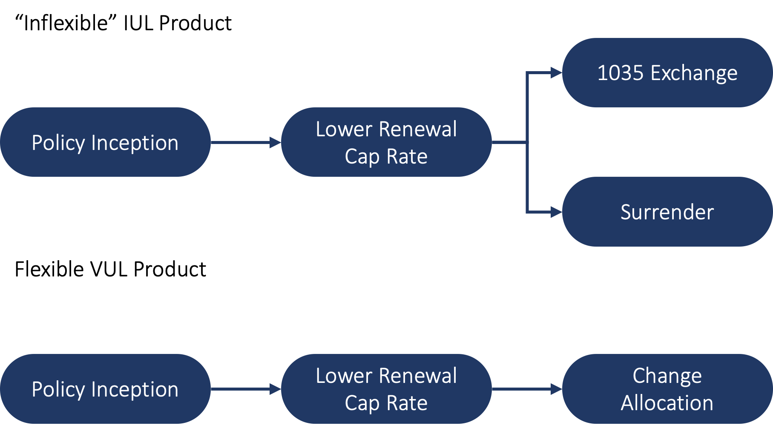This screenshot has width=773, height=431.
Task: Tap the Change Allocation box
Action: click(667, 389)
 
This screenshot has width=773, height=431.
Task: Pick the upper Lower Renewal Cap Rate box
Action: click(386, 142)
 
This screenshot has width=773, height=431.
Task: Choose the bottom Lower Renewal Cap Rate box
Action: click(386, 389)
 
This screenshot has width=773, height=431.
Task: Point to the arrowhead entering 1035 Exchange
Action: click(556, 73)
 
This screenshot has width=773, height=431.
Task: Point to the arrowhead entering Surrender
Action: click(556, 212)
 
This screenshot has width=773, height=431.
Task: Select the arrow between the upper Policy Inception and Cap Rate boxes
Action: click(245, 142)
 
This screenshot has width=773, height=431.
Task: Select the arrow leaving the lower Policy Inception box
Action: click(245, 389)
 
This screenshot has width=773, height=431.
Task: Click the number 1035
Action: click(620, 73)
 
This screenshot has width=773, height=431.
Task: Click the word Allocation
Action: click(667, 403)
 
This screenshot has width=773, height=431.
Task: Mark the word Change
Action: click(667, 376)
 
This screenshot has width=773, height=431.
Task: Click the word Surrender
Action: click(667, 212)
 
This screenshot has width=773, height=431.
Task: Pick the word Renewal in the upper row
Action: click(418, 129)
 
